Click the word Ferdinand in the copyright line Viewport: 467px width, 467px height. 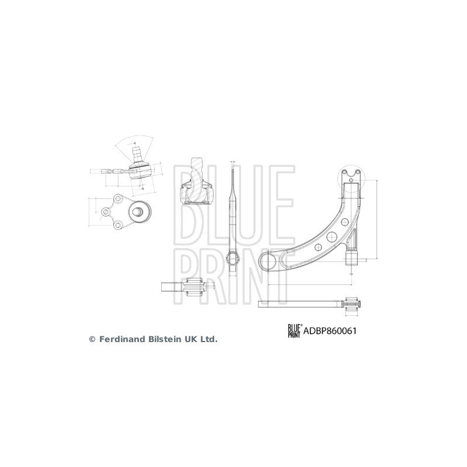(124, 339)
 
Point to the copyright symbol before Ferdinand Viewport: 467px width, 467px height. (92, 339)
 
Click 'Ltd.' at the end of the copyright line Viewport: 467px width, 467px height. (208, 339)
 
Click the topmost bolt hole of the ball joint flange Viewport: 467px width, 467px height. (117, 200)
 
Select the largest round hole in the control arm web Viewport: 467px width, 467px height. (330, 236)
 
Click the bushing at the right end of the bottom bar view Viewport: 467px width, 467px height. (351, 303)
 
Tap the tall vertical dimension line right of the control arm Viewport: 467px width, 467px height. (378, 219)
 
